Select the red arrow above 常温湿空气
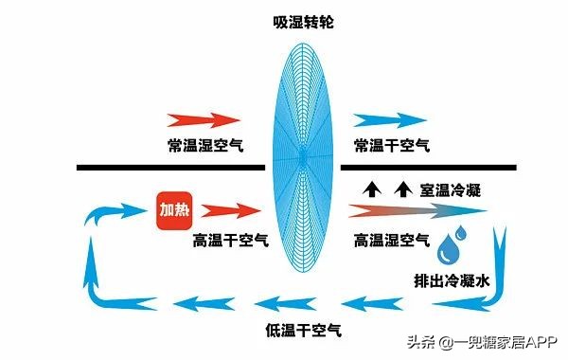(203, 120)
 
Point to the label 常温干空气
(391, 144)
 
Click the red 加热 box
(174, 208)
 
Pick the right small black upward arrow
(402, 188)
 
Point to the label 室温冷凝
(450, 189)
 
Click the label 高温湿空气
(391, 239)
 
